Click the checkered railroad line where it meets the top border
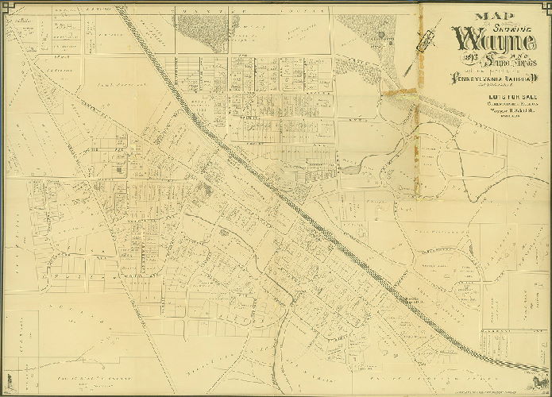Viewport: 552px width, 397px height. pos(121,8)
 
